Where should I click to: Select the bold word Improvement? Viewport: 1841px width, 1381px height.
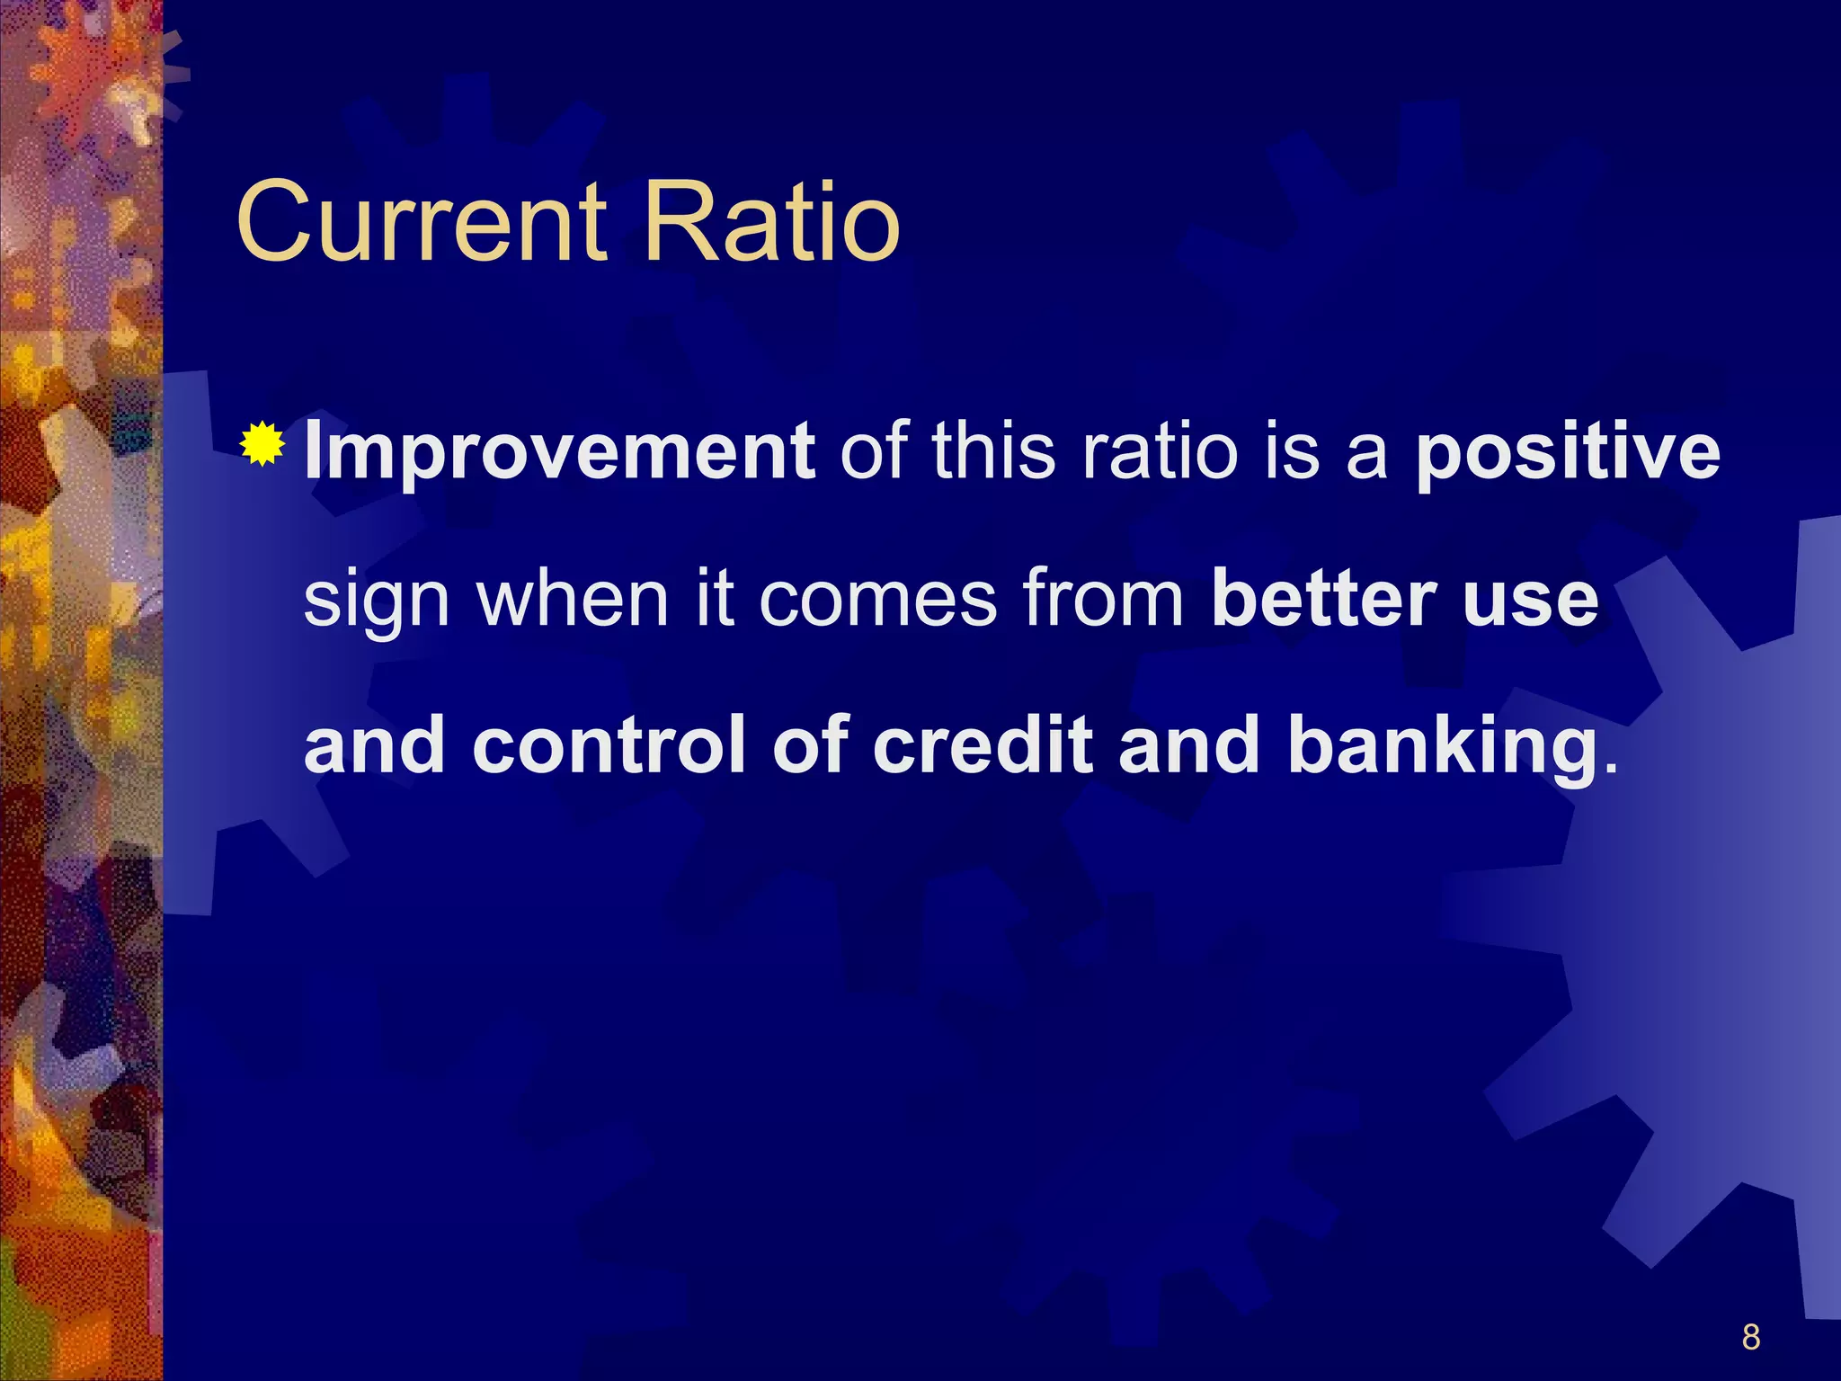559,451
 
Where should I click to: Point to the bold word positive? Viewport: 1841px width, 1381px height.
1568,453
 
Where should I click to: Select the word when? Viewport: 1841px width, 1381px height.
573,599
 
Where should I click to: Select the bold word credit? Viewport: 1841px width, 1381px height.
983,745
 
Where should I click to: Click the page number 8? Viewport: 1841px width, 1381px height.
1750,1337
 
